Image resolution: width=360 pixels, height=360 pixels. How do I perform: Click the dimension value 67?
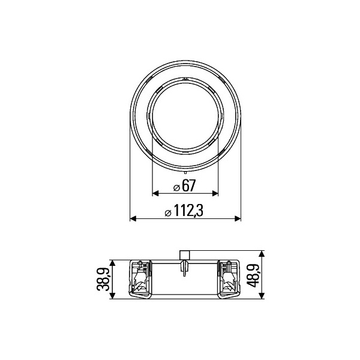[188, 185]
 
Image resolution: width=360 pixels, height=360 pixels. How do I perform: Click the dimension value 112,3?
[188, 211]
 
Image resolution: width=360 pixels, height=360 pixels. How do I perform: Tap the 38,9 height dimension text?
[103, 279]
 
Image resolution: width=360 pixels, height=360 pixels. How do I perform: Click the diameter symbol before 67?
[176, 188]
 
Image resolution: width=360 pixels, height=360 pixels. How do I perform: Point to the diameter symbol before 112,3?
[168, 213]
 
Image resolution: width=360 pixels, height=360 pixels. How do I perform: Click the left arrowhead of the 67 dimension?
[155, 193]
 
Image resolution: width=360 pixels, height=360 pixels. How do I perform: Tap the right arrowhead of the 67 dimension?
[215, 193]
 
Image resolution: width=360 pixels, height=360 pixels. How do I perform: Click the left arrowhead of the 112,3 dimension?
[133, 218]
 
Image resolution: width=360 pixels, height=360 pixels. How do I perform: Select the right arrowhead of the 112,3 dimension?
[238, 218]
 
